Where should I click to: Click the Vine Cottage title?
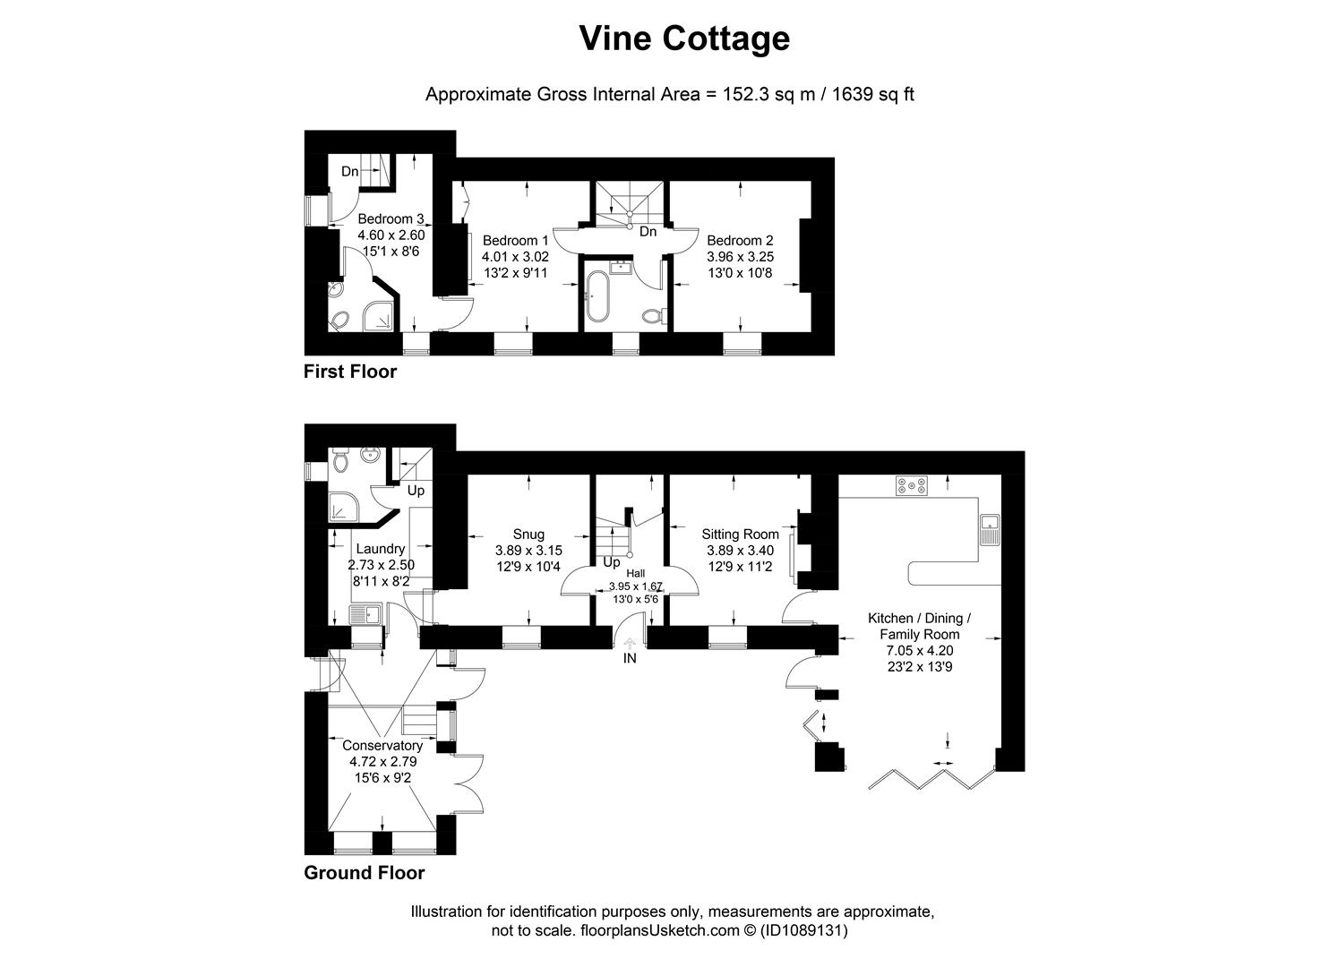(684, 39)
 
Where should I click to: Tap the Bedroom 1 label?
(515, 240)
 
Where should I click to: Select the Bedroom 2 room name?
(740, 240)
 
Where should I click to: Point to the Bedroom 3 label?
(391, 218)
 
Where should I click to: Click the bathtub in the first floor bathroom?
(597, 295)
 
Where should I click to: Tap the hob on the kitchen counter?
(912, 485)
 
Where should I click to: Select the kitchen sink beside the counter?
(990, 529)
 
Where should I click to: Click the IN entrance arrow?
(630, 643)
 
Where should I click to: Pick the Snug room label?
(528, 535)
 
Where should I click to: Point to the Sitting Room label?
(740, 535)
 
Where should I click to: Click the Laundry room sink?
(365, 614)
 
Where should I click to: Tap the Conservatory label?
(382, 746)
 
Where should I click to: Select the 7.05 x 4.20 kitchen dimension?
(919, 650)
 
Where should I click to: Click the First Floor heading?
(350, 372)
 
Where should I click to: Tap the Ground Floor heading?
(365, 873)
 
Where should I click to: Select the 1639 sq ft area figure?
(872, 94)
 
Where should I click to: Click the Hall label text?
(635, 573)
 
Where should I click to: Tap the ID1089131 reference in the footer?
(803, 930)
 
